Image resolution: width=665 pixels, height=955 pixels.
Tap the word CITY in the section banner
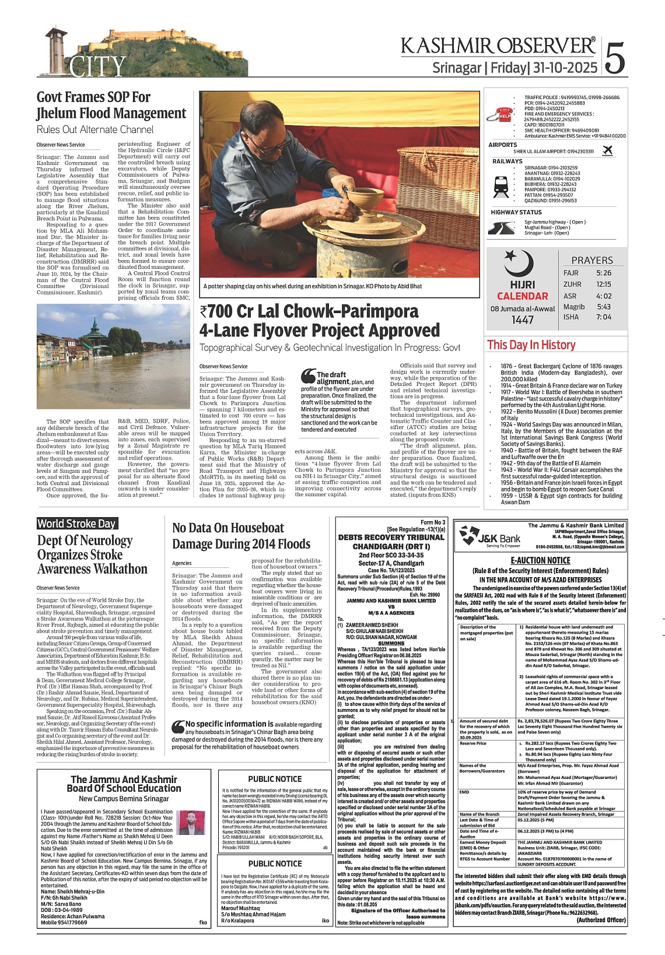coord(98,67)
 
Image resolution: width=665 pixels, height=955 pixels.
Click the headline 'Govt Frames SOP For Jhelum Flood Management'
coord(111,105)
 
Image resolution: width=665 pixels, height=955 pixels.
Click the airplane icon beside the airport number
coord(607,151)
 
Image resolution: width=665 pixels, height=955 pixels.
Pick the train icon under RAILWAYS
coord(501,184)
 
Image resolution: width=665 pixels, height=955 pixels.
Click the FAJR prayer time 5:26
coord(604,273)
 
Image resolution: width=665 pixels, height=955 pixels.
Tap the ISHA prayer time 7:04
coord(604,317)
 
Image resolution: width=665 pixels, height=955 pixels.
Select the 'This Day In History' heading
coord(531,345)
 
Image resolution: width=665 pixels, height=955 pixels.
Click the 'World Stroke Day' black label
coord(77,524)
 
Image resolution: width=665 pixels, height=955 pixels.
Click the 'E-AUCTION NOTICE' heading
coord(540,560)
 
